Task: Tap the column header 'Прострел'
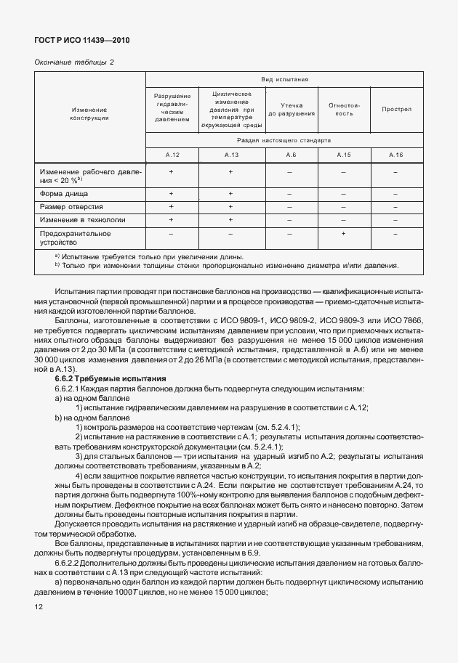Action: pos(396,110)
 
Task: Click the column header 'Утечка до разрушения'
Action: pos(291,110)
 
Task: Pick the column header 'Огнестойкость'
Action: pos(344,110)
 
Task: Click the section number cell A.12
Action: pos(172,155)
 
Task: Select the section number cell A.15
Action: pos(344,155)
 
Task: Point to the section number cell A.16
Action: pos(396,155)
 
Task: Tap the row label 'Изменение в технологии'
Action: pos(82,219)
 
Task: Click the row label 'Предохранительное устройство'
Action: pos(76,237)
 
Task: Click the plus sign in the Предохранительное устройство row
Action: pos(344,234)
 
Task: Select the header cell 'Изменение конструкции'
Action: pos(90,113)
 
